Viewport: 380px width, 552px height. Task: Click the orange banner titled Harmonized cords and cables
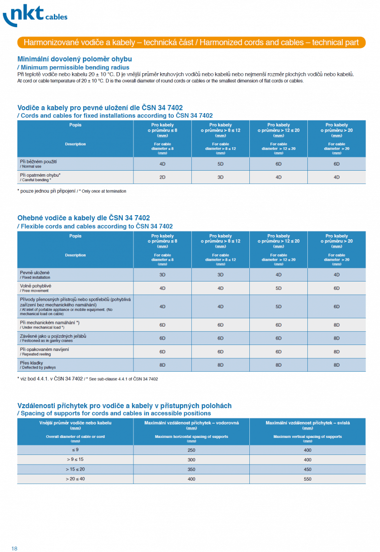click(x=191, y=42)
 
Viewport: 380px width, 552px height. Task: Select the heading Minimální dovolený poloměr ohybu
click(x=75, y=59)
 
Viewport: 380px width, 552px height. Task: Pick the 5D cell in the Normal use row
click(x=220, y=164)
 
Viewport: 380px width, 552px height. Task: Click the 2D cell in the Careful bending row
click(x=162, y=177)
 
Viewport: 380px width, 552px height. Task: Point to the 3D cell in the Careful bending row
click(x=220, y=177)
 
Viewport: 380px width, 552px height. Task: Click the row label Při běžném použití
click(x=39, y=162)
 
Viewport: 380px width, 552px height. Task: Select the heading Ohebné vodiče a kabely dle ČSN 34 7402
click(x=83, y=218)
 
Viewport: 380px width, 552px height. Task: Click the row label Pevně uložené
click(x=35, y=273)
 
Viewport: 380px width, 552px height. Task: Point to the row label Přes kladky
click(x=32, y=363)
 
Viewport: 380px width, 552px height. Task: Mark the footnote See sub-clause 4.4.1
click(x=87, y=379)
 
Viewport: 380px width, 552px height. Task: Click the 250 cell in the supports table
click(x=191, y=449)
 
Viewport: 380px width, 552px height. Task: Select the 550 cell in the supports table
click(x=307, y=479)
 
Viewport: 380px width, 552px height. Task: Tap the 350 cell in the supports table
click(x=191, y=469)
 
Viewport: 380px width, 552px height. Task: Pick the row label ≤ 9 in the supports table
click(x=75, y=449)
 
